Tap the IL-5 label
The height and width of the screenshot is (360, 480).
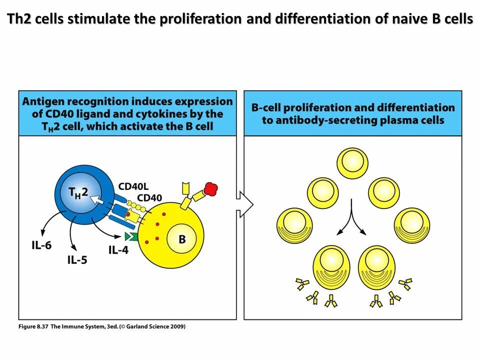coord(77,259)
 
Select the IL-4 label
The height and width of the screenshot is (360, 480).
coord(118,249)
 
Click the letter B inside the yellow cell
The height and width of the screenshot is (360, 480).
coord(182,239)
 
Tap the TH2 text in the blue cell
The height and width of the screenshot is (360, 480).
coord(78,191)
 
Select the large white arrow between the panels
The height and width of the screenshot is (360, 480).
coord(244,204)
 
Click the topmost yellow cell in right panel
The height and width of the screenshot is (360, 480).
coord(353,162)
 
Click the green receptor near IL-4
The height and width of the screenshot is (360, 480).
coord(131,236)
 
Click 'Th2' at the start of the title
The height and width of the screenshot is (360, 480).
coord(18,19)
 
